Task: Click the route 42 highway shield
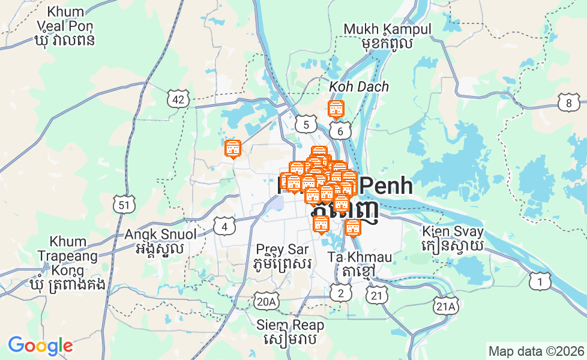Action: (x=178, y=100)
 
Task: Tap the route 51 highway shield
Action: (x=123, y=205)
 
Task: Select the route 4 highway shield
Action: (x=224, y=226)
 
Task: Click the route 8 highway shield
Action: (x=568, y=103)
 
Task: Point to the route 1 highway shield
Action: (x=540, y=281)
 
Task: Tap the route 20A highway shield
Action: (x=266, y=301)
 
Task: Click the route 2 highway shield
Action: (x=341, y=293)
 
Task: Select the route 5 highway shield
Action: (x=306, y=125)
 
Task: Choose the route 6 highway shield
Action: (x=340, y=131)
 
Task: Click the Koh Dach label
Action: (x=359, y=87)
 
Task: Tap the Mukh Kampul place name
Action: (x=387, y=35)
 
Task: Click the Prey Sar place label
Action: (x=282, y=256)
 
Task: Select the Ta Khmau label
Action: (x=360, y=264)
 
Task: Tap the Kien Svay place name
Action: (x=453, y=238)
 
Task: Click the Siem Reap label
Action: (x=290, y=332)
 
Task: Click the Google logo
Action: (x=40, y=346)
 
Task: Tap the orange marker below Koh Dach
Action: (x=336, y=110)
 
